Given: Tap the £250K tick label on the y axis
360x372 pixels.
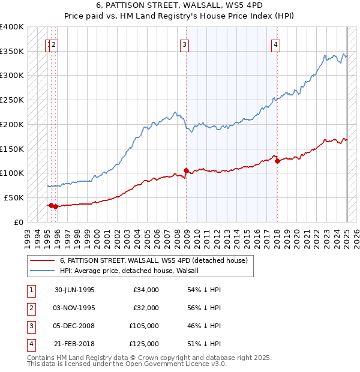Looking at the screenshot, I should pos(12,100).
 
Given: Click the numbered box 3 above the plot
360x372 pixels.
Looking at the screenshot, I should pos(185,44).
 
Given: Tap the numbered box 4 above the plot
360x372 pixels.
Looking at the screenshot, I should pos(275,44).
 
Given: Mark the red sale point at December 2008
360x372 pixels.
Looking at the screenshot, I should pos(186,170).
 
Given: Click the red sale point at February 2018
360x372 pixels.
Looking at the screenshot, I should pos(277,161).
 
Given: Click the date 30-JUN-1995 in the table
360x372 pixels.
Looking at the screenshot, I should pos(74,290).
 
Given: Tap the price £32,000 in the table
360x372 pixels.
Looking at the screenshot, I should pos(146,308).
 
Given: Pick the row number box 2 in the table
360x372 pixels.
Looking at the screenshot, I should pos(30,308).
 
